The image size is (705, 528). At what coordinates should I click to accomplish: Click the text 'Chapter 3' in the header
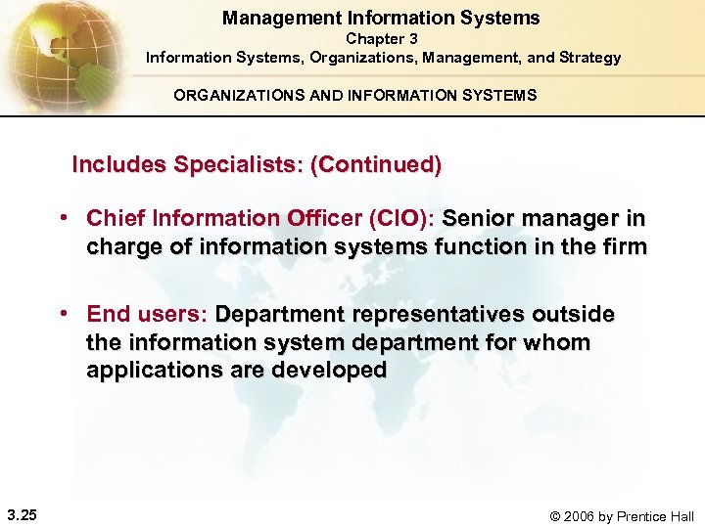click(x=381, y=39)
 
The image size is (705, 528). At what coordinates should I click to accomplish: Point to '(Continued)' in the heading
click(x=375, y=164)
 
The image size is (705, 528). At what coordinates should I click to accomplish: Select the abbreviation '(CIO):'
click(x=399, y=219)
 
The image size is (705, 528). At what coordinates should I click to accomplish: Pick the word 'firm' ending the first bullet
click(x=626, y=246)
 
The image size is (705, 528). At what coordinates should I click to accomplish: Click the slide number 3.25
click(x=21, y=515)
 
